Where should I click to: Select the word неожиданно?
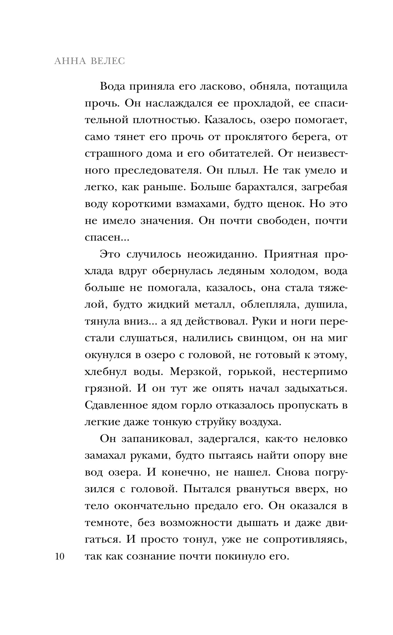point(222,254)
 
